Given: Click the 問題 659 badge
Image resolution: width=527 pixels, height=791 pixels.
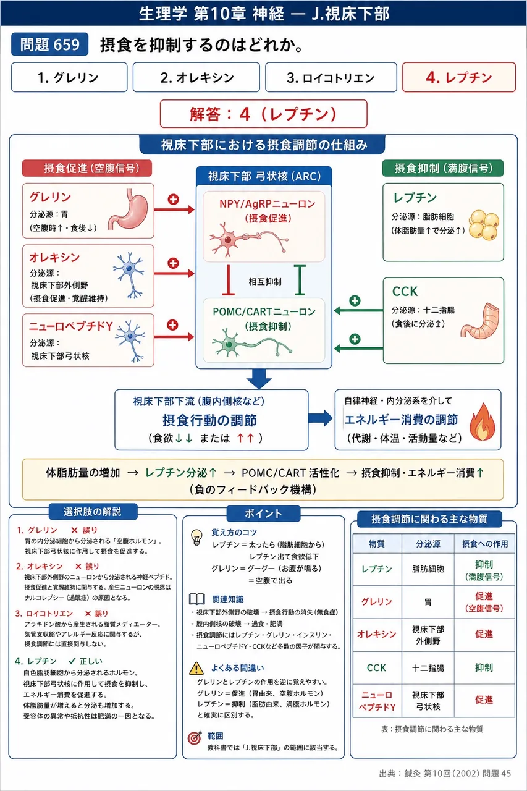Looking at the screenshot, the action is [50, 44].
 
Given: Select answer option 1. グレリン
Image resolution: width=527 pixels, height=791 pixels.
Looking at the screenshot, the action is [69, 77].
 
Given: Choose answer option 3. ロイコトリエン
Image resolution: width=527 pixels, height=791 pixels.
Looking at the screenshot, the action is [331, 77].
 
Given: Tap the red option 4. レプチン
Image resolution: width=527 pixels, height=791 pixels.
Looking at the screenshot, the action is [459, 77].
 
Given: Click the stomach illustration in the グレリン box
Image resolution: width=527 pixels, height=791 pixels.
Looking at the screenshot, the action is [129, 209].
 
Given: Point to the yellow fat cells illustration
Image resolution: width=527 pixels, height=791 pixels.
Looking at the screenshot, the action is [484, 224].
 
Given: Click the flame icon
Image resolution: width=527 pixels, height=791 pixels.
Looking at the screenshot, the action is [483, 422].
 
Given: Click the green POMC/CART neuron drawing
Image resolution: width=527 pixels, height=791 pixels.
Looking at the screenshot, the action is [252, 343].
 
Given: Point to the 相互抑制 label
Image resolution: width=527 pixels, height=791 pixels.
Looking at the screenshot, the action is [265, 281].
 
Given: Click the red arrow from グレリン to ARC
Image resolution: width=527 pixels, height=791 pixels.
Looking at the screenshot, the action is [174, 209].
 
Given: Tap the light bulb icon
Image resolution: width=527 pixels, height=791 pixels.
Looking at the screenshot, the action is [196, 538].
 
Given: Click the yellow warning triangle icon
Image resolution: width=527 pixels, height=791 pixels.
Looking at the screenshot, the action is [196, 668].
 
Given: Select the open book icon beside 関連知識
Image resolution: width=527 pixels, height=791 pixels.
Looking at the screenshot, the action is [197, 599].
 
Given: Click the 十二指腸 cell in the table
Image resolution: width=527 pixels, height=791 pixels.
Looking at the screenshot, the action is [428, 668].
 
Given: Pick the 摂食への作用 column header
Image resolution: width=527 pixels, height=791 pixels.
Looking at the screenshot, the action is [484, 543].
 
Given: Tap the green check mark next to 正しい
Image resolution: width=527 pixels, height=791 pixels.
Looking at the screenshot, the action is [72, 661].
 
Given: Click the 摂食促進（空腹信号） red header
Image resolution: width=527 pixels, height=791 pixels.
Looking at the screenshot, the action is [87, 168].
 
